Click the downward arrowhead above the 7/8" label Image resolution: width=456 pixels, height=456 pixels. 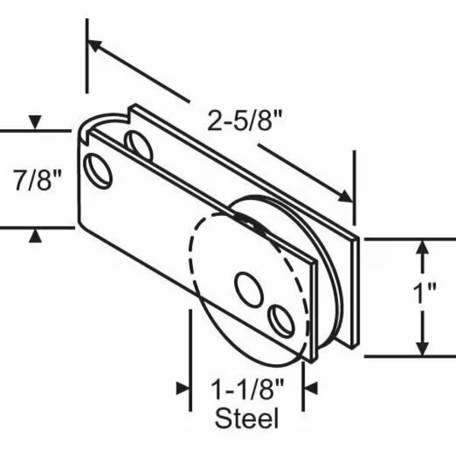tap(34, 122)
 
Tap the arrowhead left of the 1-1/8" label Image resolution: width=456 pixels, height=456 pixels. tap(182, 388)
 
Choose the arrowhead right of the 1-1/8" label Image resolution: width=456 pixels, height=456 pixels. tap(309, 388)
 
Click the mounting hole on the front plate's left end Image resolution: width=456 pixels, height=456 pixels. tap(99, 170)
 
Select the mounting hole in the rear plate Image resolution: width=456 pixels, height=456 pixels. tap(138, 145)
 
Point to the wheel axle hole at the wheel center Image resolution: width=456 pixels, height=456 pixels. tap(249, 289)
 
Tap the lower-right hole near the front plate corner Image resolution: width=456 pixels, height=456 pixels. tap(282, 321)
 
